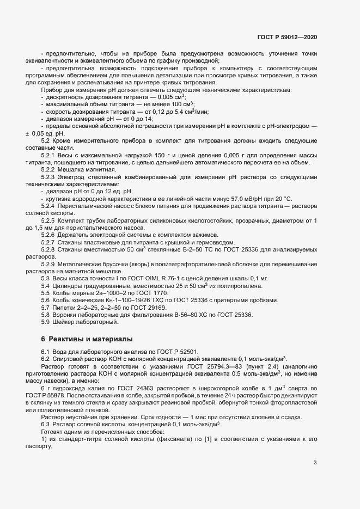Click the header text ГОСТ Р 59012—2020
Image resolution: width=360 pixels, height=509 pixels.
(x=286, y=37)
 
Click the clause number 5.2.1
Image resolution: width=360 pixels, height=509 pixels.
(x=48, y=156)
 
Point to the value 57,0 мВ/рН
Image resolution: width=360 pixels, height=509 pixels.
(x=244, y=199)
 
